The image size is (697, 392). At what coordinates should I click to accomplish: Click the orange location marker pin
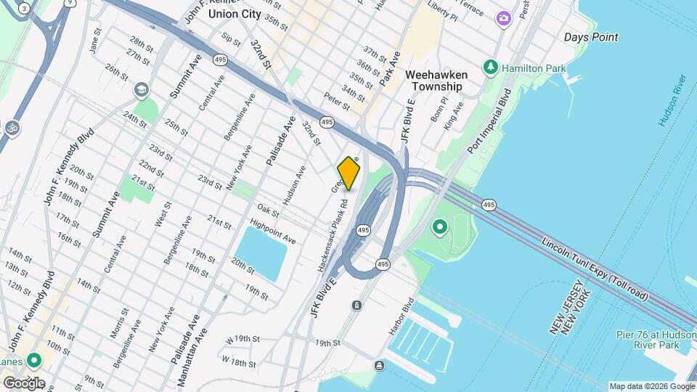click(348, 173)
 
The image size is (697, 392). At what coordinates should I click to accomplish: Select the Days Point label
click(591, 37)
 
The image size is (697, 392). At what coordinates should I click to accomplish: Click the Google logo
click(23, 383)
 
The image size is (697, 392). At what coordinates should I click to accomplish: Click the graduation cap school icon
click(141, 90)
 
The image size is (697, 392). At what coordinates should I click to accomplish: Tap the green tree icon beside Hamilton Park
click(491, 67)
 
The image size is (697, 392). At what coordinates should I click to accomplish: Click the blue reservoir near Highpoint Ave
click(261, 253)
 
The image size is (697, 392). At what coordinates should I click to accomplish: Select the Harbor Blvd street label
click(400, 316)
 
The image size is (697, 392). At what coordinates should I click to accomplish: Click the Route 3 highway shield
click(25, 8)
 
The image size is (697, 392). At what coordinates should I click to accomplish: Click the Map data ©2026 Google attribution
click(651, 386)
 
